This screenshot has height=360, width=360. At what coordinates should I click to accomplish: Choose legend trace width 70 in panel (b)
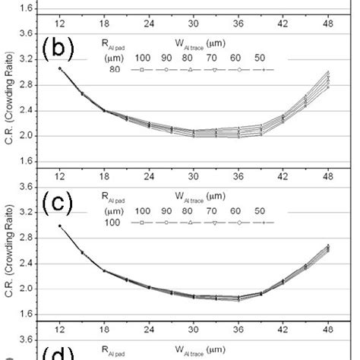[210, 58]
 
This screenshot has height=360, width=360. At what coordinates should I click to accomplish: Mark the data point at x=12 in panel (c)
[59, 226]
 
